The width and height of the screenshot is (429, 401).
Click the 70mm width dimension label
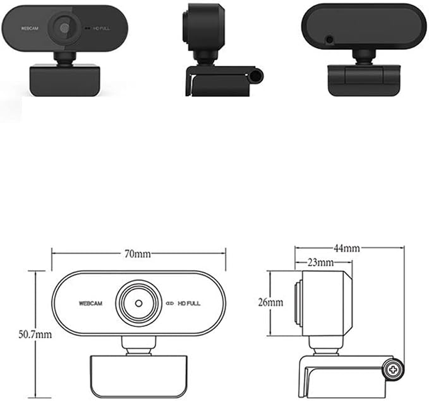tap(138, 254)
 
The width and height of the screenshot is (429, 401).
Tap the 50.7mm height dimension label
tap(35, 335)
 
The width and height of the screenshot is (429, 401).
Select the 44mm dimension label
tap(347, 248)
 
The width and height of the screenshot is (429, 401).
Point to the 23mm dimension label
tap(321, 262)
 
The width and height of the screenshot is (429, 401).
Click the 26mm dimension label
tap(270, 302)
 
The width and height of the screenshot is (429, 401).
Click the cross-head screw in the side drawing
tap(393, 370)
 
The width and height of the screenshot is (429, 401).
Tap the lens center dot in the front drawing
tap(139, 303)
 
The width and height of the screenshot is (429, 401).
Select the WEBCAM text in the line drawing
tap(90, 303)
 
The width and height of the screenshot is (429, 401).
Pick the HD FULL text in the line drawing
tap(189, 303)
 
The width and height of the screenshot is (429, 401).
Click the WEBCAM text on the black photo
tap(30, 28)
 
